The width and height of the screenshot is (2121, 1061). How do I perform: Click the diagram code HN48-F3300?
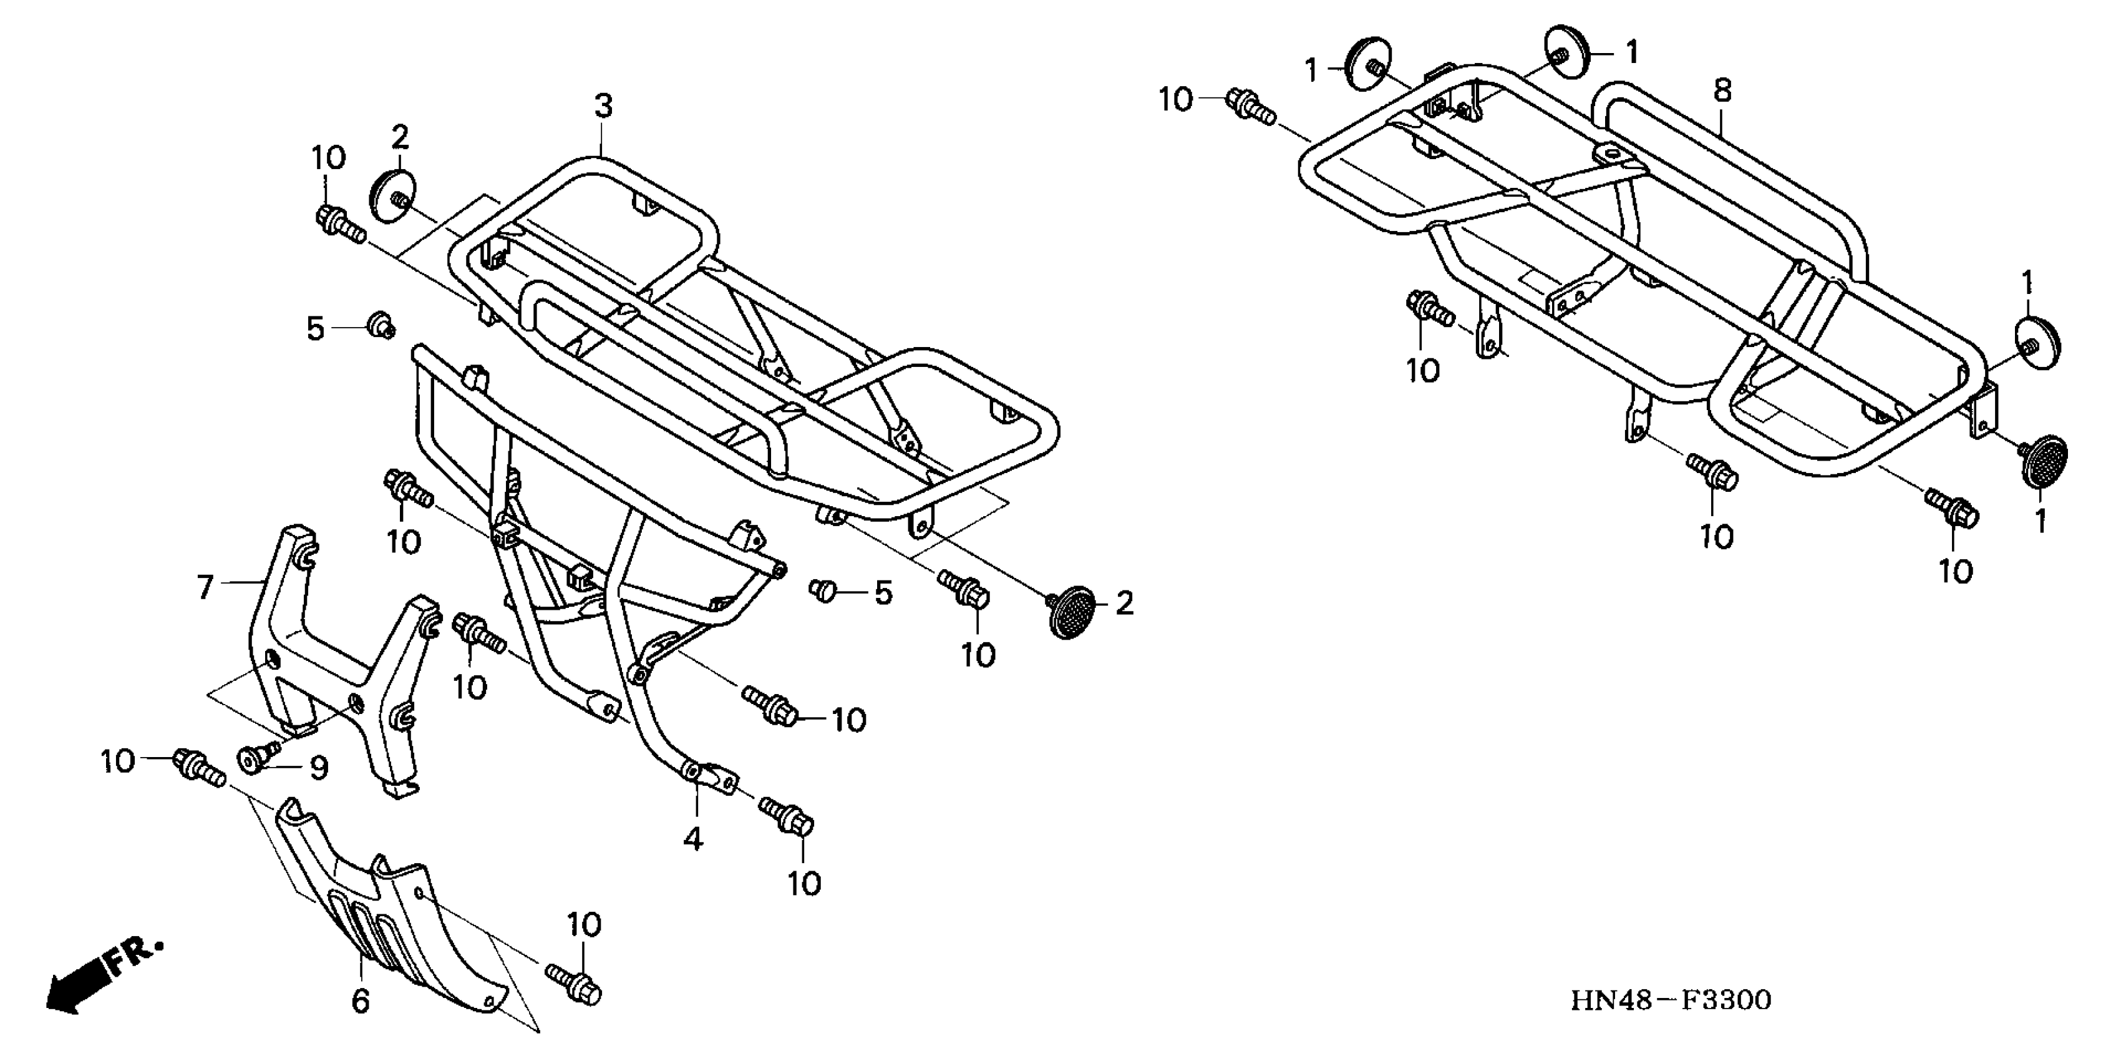(1671, 1000)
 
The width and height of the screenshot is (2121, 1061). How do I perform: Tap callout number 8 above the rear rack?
(1723, 90)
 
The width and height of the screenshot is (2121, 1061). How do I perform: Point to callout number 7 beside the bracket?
(205, 587)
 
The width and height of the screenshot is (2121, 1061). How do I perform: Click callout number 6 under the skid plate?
(360, 1001)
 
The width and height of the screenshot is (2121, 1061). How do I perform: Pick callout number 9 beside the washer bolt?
(319, 768)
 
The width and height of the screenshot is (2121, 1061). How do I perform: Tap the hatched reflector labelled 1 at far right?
(2044, 462)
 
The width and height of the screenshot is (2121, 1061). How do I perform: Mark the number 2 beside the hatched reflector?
(1125, 604)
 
